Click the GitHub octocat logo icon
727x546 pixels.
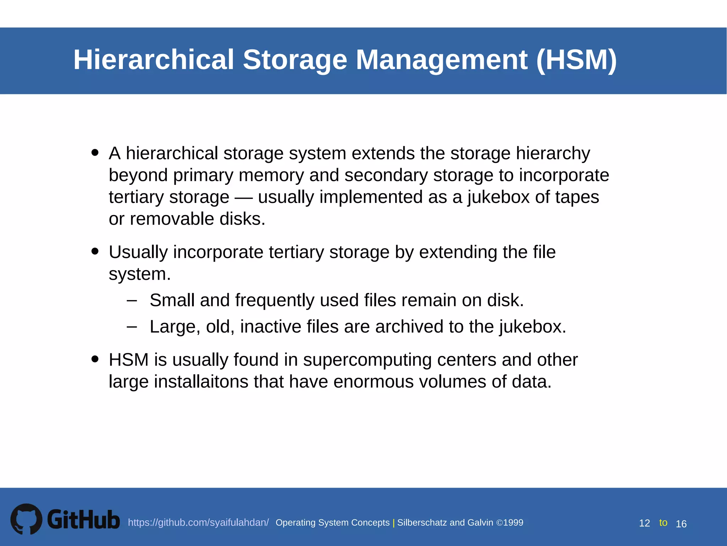click(26, 519)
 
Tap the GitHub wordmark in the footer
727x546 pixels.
click(84, 520)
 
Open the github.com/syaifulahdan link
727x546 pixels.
click(198, 523)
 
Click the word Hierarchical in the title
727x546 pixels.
click(154, 59)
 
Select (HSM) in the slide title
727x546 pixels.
click(576, 59)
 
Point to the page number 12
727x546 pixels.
click(644, 523)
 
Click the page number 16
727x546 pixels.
click(681, 524)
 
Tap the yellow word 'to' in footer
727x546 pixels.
click(663, 523)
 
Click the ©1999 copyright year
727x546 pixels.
click(510, 523)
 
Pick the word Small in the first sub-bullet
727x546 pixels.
click(172, 300)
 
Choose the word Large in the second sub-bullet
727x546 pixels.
click(173, 327)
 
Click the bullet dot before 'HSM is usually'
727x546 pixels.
click(95, 359)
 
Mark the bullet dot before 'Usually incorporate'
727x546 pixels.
click(95, 251)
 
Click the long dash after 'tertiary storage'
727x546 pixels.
click(244, 198)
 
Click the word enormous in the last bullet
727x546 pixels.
click(373, 382)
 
